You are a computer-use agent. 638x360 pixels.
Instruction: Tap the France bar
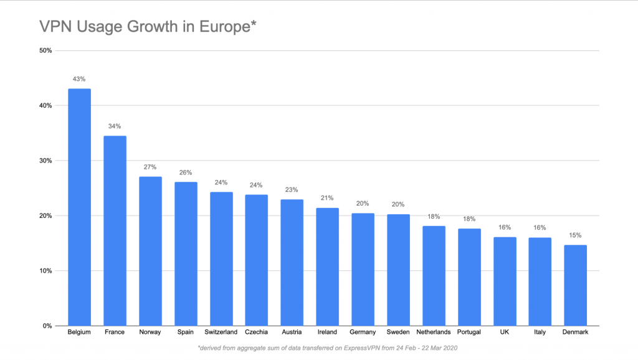(115, 230)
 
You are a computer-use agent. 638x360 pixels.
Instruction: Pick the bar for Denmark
(575, 285)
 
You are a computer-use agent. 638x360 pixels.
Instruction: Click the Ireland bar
(327, 267)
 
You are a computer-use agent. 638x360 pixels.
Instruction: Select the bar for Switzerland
(221, 258)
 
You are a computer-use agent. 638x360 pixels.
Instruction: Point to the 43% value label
(79, 79)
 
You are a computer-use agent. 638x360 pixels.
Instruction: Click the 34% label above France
(115, 126)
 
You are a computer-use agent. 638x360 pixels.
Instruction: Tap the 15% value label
(575, 235)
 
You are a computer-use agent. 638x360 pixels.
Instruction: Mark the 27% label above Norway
(150, 168)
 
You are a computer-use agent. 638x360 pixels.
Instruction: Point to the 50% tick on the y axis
(44, 50)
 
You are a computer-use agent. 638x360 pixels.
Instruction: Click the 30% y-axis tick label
(44, 161)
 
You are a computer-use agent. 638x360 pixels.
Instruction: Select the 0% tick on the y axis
(47, 326)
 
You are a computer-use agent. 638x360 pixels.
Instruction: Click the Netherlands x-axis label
(433, 332)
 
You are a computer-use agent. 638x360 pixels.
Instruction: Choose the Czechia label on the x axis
(256, 332)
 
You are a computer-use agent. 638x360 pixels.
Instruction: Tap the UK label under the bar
(504, 332)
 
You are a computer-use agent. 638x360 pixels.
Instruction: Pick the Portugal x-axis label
(469, 332)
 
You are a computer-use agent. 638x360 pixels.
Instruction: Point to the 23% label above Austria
(292, 190)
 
